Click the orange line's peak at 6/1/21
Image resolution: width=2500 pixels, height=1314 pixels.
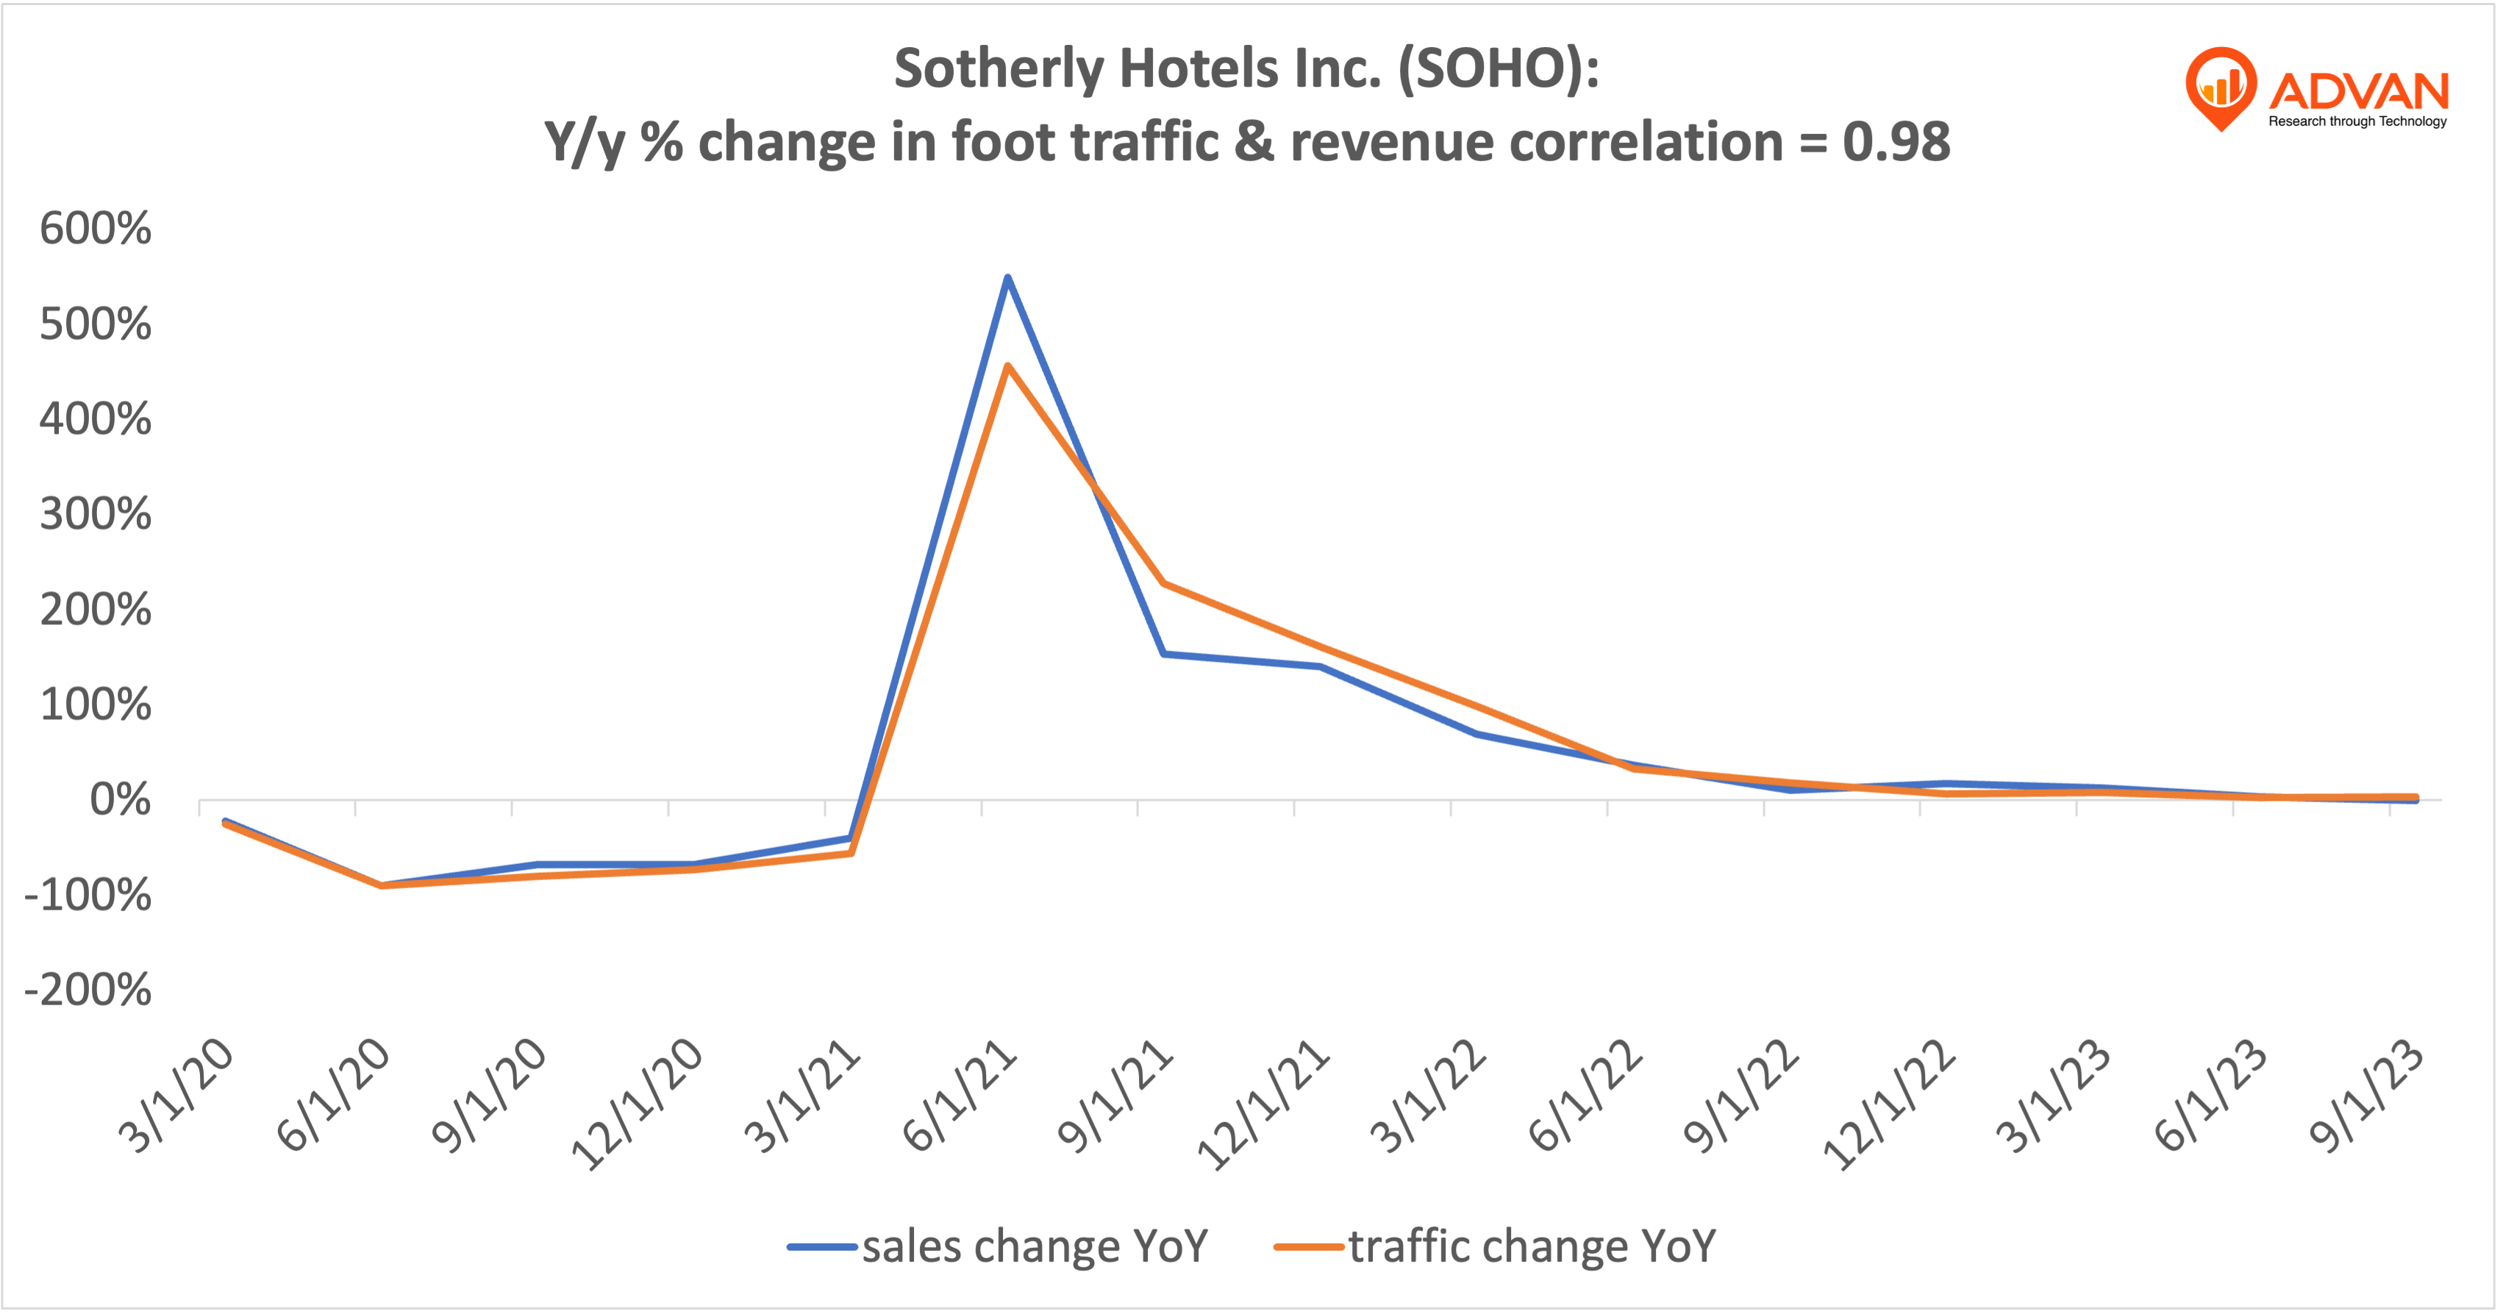1007,366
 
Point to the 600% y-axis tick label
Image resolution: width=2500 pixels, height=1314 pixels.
95,229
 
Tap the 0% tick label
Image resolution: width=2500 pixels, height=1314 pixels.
121,801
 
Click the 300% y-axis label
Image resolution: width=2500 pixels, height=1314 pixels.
95,514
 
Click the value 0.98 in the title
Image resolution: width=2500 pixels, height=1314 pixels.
1896,143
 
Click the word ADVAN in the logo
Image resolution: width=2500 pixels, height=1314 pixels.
2358,92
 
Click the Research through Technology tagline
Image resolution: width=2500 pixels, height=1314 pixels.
2357,121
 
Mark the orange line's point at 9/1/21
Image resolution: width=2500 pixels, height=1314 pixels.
1164,583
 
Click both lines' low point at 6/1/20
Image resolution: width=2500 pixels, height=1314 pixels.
382,885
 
